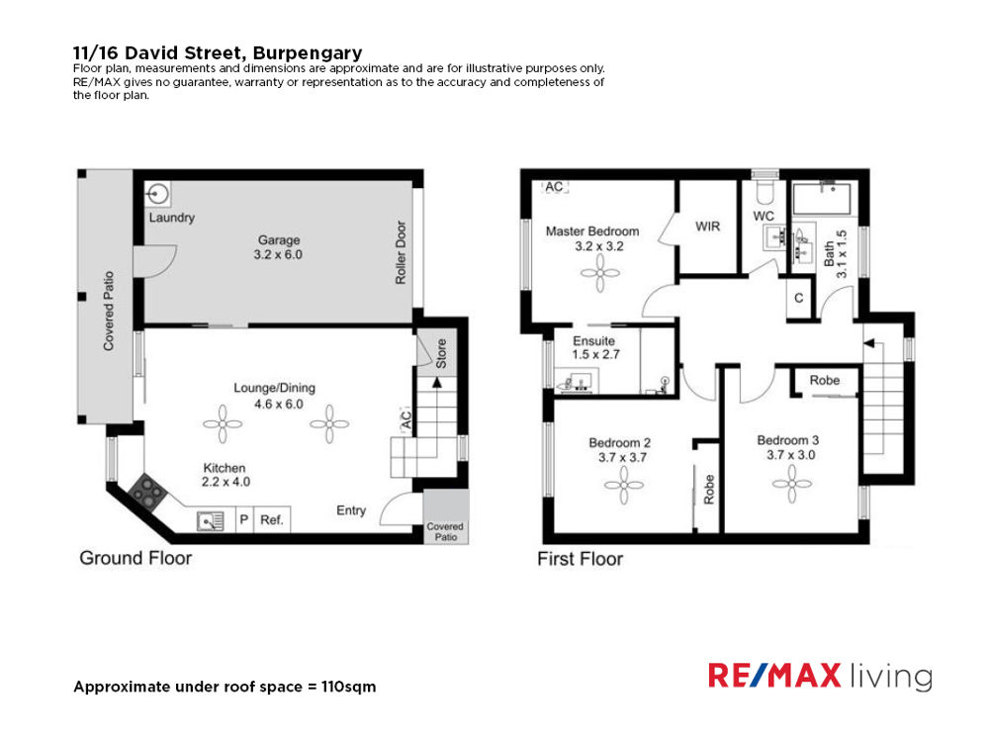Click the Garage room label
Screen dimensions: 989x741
(278, 239)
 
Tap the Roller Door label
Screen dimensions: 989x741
(401, 252)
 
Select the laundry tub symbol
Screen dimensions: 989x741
(157, 194)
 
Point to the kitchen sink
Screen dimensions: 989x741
(211, 521)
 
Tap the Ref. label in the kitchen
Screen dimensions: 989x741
(271, 520)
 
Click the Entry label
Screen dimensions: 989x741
(351, 509)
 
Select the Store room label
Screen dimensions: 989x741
(441, 353)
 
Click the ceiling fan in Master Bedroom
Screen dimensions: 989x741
(600, 274)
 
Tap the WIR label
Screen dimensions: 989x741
(707, 226)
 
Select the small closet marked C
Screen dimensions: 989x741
(799, 298)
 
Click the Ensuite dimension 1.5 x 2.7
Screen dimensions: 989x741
(595, 355)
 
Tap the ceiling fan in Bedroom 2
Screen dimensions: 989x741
(624, 485)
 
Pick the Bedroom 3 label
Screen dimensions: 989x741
(788, 440)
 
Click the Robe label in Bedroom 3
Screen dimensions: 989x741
(825, 380)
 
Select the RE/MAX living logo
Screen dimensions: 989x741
(820, 676)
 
